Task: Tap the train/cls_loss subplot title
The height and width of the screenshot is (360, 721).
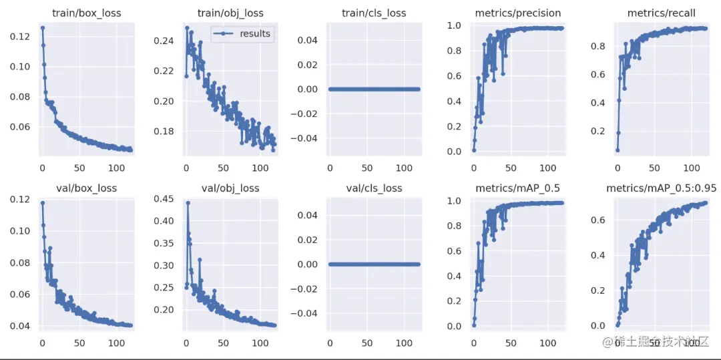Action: click(x=375, y=13)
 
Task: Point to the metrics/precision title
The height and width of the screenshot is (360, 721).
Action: click(x=518, y=13)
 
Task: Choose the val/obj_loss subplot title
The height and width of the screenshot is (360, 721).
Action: click(x=230, y=188)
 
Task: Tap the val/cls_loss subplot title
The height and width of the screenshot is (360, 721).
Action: click(x=375, y=188)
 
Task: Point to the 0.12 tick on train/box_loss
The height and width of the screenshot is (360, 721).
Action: click(x=20, y=36)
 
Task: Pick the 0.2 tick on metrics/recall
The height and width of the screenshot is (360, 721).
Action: click(x=597, y=130)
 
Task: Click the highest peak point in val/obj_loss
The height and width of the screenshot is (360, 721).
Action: click(x=188, y=202)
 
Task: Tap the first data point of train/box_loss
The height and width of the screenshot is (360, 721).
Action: click(x=42, y=27)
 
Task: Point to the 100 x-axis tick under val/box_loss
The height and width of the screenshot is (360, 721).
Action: click(x=116, y=343)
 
